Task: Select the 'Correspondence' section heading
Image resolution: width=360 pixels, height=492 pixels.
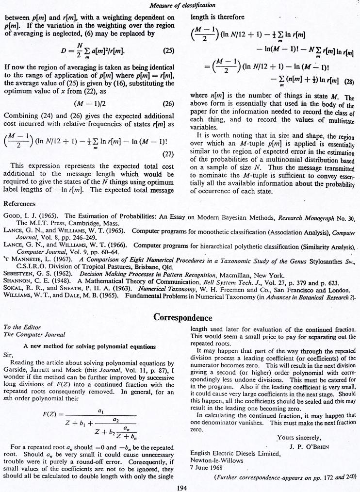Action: coord(182,318)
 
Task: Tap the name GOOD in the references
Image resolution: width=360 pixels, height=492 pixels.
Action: coord(13,215)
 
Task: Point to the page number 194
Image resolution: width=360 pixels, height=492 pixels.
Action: coord(180,487)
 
